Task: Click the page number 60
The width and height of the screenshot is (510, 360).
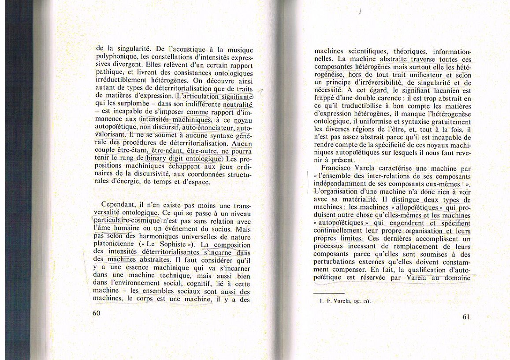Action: point(97,312)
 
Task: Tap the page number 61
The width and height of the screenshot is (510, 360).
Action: point(468,317)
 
